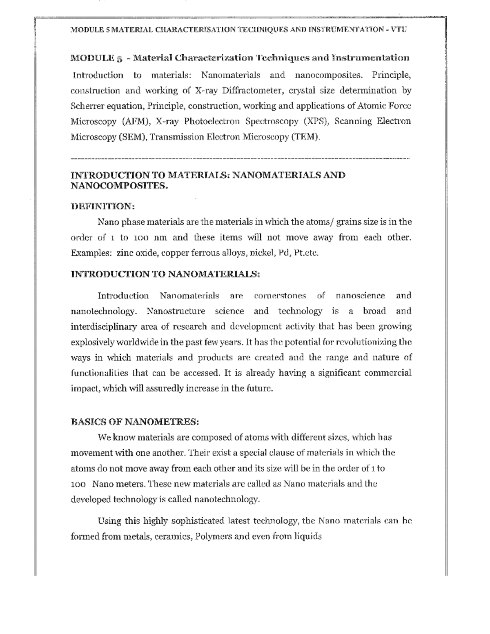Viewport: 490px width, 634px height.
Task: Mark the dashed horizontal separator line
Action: coord(240,158)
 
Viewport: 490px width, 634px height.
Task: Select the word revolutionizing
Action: coord(359,342)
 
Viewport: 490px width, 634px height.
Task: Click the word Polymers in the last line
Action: coord(210,536)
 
